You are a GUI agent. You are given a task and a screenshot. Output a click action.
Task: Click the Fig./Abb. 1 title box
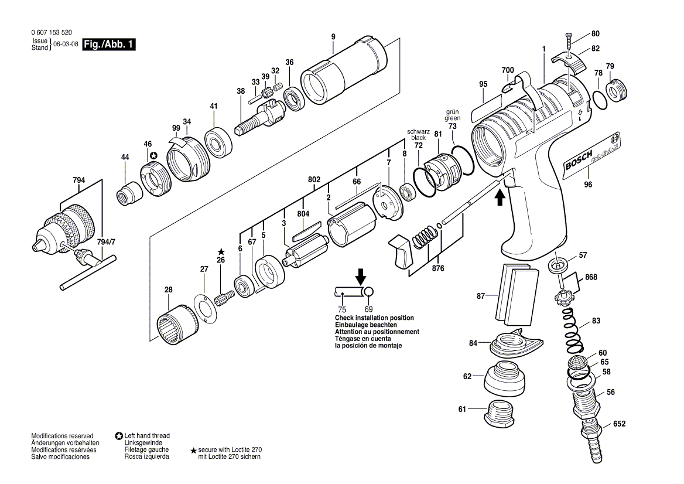click(x=109, y=45)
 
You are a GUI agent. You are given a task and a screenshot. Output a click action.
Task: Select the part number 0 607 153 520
click(x=53, y=33)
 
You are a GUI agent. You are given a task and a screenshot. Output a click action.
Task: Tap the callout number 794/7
click(x=105, y=241)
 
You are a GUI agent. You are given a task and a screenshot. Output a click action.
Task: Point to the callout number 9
click(x=333, y=37)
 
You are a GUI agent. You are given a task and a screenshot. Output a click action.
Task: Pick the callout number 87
click(x=481, y=296)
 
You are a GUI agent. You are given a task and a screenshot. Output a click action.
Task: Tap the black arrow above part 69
click(x=361, y=275)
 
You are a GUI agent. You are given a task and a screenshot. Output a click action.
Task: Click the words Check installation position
click(x=374, y=318)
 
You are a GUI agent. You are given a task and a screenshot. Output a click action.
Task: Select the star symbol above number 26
click(x=221, y=251)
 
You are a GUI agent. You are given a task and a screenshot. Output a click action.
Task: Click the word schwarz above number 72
click(x=418, y=132)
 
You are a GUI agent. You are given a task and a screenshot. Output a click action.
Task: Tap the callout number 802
click(x=314, y=180)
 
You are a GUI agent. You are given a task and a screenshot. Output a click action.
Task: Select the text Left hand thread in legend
click(x=147, y=435)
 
